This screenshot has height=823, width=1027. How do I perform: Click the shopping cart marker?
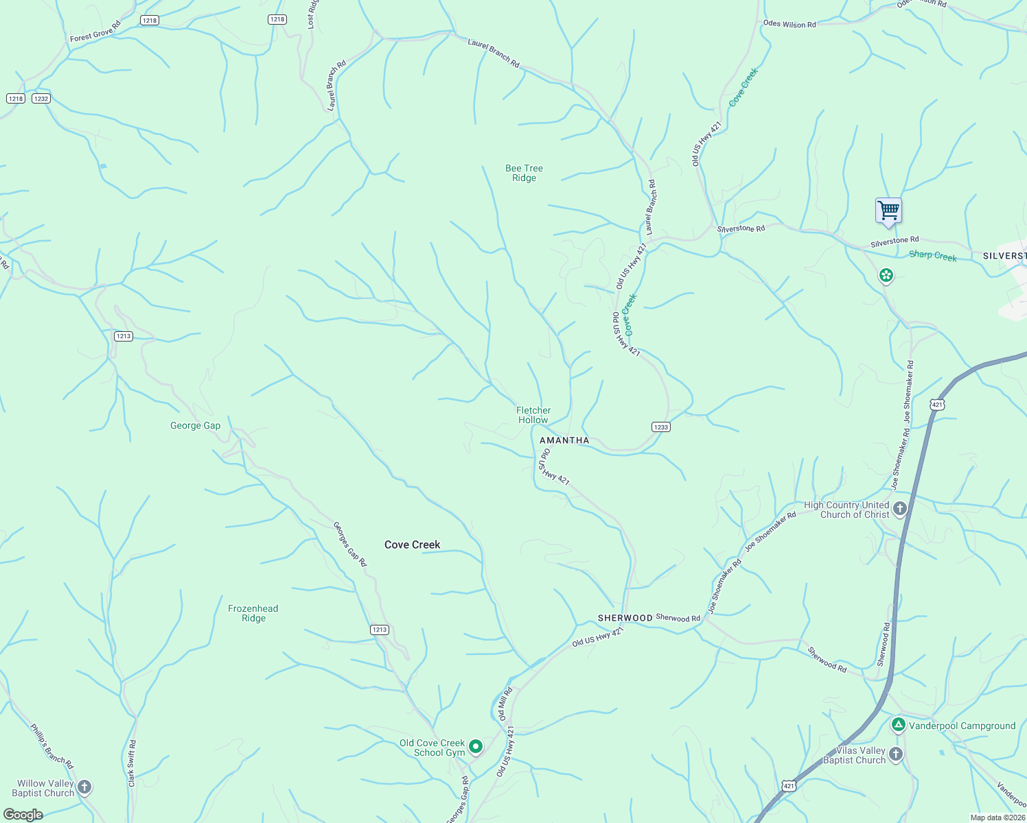888,211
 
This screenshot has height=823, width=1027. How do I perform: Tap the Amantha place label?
564,440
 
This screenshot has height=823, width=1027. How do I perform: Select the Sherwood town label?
625,618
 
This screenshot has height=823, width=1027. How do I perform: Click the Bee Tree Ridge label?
524,173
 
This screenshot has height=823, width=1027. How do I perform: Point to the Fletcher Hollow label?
533,415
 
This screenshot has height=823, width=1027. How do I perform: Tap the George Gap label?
196,425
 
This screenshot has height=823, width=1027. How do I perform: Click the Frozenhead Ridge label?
253,613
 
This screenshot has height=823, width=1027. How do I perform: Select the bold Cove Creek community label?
412,545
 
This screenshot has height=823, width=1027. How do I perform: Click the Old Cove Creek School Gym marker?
475,746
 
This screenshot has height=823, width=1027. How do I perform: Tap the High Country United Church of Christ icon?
900,509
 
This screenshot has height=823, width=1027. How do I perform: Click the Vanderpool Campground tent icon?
898,725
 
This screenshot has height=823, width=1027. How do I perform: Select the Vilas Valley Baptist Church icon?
895,754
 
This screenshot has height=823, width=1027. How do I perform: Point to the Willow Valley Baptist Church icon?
84,787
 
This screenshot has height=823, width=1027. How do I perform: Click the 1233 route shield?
660,427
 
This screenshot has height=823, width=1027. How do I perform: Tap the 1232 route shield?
41,99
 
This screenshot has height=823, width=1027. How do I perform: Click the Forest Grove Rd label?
95,32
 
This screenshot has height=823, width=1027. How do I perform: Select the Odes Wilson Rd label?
789,24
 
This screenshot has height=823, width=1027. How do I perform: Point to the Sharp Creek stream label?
932,256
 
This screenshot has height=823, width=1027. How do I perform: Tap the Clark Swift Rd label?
132,763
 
